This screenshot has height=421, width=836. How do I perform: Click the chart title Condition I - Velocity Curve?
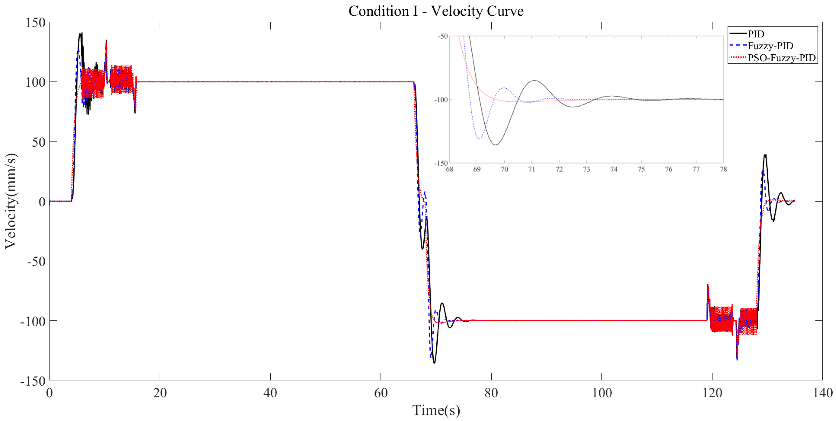tap(436, 11)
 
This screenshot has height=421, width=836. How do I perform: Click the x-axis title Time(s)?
tap(436, 410)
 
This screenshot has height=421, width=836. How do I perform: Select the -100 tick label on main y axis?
tap(33, 321)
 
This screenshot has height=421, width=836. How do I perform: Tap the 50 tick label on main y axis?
tap(38, 142)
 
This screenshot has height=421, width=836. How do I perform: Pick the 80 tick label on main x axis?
tap(491, 393)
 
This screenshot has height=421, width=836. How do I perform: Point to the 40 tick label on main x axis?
tap(270, 393)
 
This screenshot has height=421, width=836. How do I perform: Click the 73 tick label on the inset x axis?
tap(586, 169)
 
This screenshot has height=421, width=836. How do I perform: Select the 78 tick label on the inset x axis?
tap(723, 169)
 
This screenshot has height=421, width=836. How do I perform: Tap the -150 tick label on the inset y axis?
tap(441, 163)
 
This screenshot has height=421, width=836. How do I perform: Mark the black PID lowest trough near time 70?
tap(434, 362)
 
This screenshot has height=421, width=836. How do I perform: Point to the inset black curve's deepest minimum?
tap(496, 145)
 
